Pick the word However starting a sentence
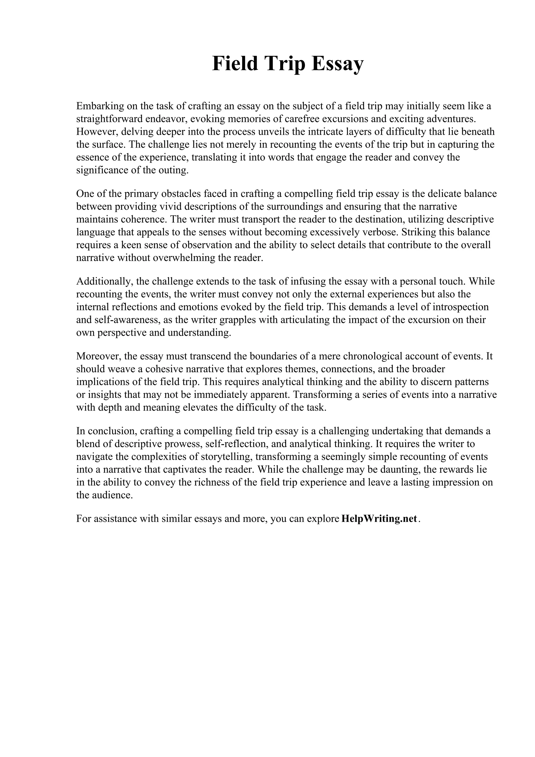(x=97, y=132)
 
